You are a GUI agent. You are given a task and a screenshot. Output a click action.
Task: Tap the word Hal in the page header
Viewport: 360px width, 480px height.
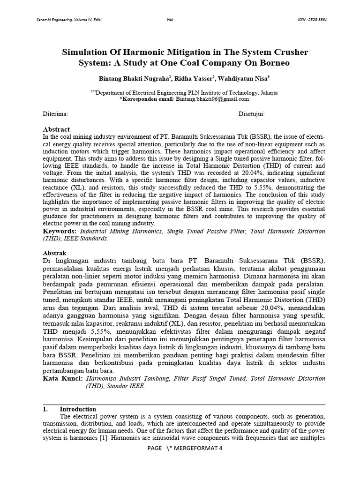click(x=170, y=19)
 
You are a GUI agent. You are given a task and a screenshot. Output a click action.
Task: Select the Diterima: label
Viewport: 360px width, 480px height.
click(x=56, y=114)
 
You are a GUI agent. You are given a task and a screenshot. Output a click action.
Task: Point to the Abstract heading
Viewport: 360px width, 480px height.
click(x=56, y=129)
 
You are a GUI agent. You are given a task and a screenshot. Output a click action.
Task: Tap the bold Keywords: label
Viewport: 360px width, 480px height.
click(x=60, y=232)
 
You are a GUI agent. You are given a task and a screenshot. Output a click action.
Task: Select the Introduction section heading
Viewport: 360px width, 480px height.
click(x=78, y=409)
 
